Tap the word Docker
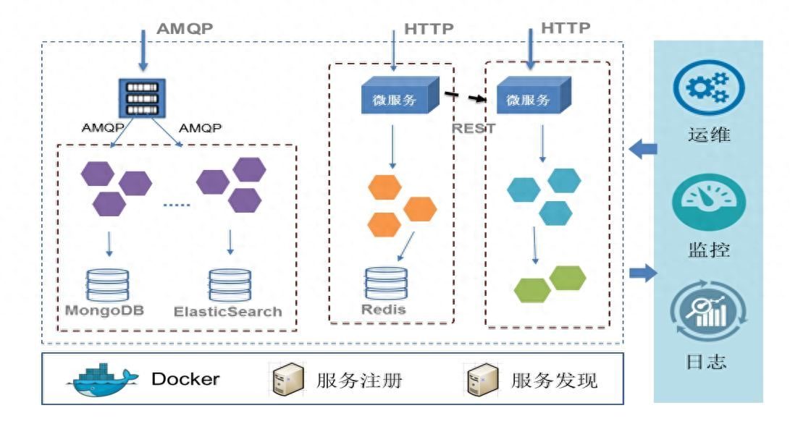click(x=185, y=379)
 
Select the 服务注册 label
click(x=360, y=380)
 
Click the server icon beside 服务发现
click(x=481, y=379)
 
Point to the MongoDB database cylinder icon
click(x=107, y=284)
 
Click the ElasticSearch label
click(x=227, y=312)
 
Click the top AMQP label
click(x=185, y=30)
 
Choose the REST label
click(x=474, y=128)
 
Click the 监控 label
click(x=708, y=250)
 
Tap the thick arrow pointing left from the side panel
click(x=643, y=149)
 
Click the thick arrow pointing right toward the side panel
click(x=642, y=273)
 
